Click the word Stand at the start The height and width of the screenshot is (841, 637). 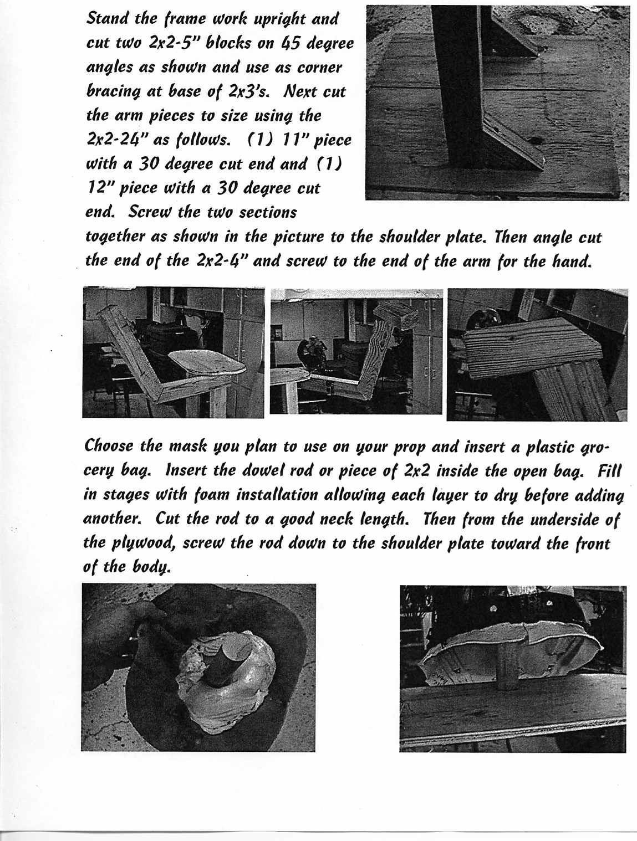106,18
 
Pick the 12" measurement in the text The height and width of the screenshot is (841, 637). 99,188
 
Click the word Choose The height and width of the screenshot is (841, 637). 109,446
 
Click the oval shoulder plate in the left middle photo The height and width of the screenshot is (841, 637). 207,363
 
